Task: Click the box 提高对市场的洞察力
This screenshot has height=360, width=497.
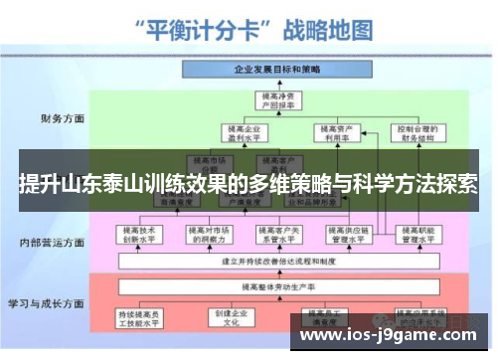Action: [x=209, y=233]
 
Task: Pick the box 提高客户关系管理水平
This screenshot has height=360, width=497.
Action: [x=277, y=233]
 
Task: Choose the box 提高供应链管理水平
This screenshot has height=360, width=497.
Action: [x=346, y=233]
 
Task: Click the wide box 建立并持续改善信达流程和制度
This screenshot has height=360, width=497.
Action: [x=276, y=261]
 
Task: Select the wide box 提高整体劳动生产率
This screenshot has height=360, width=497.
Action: [x=276, y=286]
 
